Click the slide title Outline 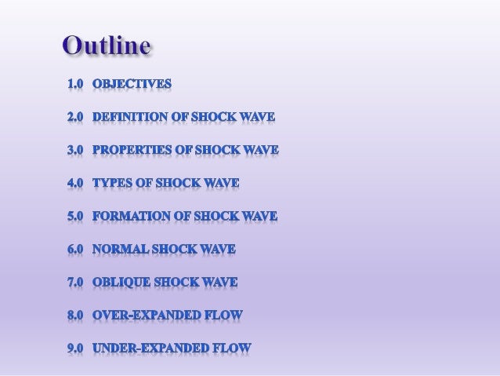[x=106, y=48]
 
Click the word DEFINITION [x=129, y=116]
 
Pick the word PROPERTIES [x=131, y=149]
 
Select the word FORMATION [x=129, y=217]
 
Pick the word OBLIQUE [x=121, y=283]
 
